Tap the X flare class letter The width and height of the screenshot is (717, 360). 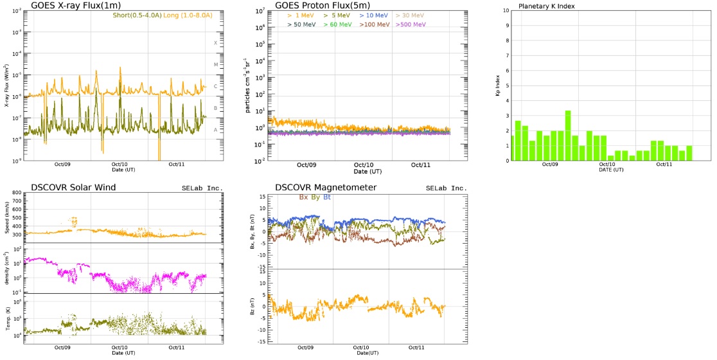pyautogui.click(x=216, y=42)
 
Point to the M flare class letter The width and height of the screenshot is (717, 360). pyautogui.click(x=216, y=65)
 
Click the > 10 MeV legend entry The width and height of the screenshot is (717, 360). pyautogui.click(x=373, y=15)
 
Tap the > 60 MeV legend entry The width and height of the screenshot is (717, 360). pyautogui.click(x=337, y=24)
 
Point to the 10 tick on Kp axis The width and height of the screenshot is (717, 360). pyautogui.click(x=506, y=11)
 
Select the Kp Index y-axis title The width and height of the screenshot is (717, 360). pyautogui.click(x=498, y=85)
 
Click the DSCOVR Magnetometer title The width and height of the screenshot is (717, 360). pyautogui.click(x=326, y=188)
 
